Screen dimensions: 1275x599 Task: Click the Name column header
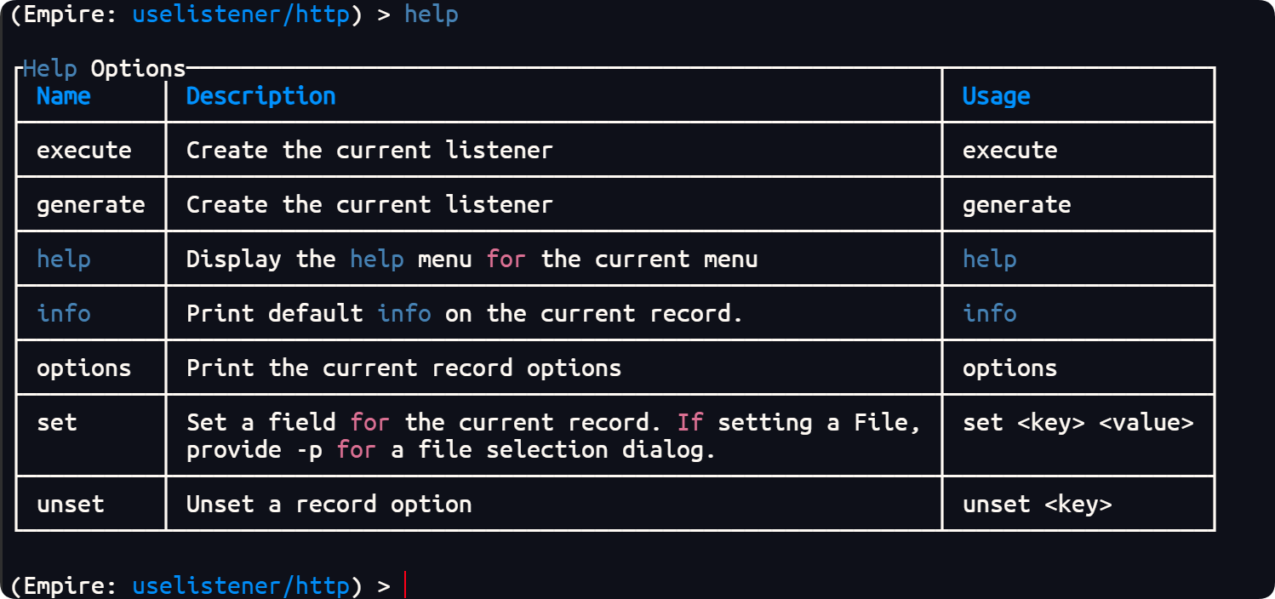pos(64,96)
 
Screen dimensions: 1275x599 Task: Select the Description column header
pos(260,96)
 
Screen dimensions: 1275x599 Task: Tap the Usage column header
pos(996,96)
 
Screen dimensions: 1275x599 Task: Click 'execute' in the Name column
pos(84,151)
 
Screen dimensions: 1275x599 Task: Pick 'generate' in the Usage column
pos(1016,205)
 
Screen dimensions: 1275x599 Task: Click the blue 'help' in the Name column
pos(64,259)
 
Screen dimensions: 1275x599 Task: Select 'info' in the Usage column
pos(989,313)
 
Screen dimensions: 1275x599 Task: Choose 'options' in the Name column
pos(84,368)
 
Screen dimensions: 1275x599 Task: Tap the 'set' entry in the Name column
pos(57,423)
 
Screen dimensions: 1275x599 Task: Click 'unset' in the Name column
pos(71,504)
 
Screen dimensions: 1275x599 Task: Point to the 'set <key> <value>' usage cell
pos(1078,423)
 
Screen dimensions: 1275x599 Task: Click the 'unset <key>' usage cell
pos(1037,504)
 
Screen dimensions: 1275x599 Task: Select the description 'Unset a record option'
pos(329,504)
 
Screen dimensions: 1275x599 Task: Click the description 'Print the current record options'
pos(403,368)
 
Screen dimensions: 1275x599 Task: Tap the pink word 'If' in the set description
pos(690,423)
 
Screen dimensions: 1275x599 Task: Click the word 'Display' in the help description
pos(233,260)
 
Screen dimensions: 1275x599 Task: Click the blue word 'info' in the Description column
pos(404,313)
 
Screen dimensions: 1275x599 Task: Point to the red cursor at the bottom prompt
pos(405,585)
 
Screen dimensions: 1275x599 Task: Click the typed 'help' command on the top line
pos(431,14)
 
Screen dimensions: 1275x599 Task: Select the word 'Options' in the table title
pos(139,69)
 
